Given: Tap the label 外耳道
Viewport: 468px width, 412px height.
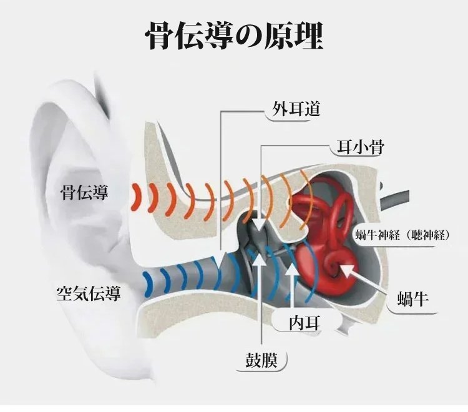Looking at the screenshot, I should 296,110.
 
